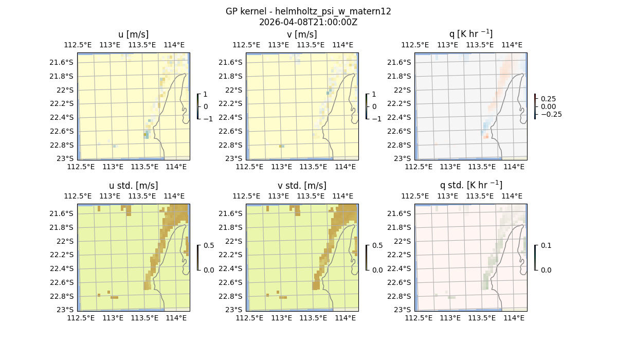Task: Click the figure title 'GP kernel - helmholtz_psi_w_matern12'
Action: (308, 11)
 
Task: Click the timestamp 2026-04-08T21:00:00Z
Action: (308, 22)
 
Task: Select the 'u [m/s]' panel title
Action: (134, 34)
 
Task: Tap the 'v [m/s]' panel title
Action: (302, 34)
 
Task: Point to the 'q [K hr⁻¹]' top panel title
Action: (471, 34)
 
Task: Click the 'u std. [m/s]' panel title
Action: (134, 186)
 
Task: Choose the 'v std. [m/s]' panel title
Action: (302, 186)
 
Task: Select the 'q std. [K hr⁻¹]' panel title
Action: (471, 185)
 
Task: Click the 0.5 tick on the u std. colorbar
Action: (209, 246)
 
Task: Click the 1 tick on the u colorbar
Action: (206, 95)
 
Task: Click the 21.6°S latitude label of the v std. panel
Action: (231, 213)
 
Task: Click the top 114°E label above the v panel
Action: (343, 45)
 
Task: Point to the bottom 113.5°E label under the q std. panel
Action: (482, 318)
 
